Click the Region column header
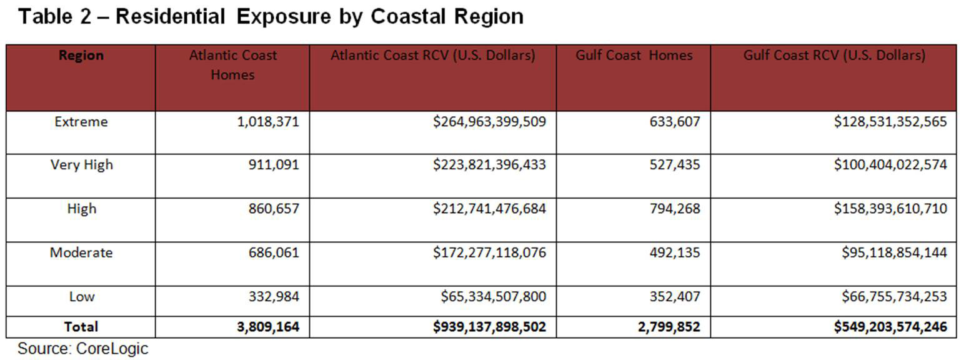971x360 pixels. tap(81, 56)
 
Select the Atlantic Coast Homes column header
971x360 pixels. tap(232, 65)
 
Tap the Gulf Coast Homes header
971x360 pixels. tap(634, 56)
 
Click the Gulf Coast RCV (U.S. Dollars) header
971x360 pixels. tap(834, 56)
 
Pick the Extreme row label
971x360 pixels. tap(81, 122)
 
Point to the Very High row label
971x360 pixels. tap(82, 165)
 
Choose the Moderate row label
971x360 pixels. tap(81, 252)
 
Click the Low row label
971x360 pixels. tap(81, 296)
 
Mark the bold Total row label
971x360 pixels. tap(81, 327)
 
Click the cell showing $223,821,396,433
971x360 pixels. tap(489, 165)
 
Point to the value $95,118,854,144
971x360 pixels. tap(895, 252)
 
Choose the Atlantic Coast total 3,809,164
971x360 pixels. tap(268, 327)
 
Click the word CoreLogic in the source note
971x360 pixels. tap(112, 349)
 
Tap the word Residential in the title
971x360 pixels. tap(170, 17)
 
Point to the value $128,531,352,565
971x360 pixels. tap(890, 122)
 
